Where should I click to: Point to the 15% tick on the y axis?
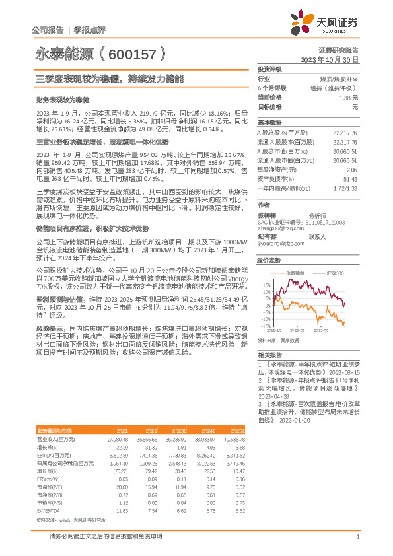pos(266,285)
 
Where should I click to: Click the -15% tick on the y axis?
pos(265,326)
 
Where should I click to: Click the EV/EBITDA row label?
pos(46,491)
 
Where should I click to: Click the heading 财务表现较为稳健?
pos(62,101)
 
